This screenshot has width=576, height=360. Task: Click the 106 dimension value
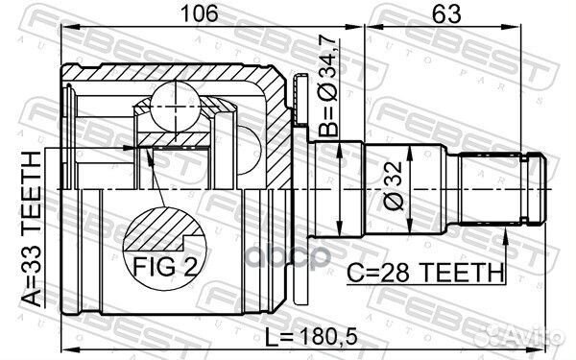pos(201,13)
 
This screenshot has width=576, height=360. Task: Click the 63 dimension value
pos(446,14)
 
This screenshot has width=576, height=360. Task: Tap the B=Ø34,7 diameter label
pos(327,86)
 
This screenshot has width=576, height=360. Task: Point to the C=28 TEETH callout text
pos(425,273)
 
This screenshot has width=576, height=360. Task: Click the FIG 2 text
pos(164,266)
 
